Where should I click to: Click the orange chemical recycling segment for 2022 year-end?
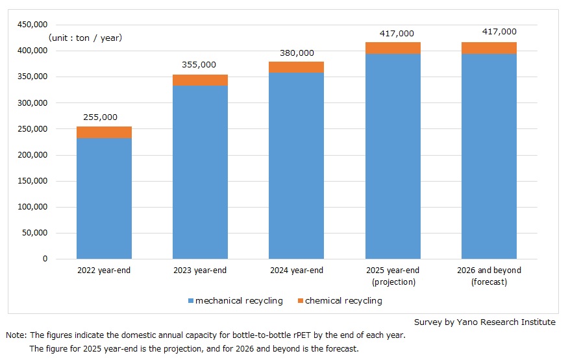104,132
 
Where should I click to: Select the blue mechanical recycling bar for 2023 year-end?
200,172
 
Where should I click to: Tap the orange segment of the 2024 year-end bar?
296,67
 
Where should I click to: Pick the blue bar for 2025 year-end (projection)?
393,156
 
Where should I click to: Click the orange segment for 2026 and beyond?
489,48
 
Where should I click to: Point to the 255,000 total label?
101,117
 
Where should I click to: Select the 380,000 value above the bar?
296,53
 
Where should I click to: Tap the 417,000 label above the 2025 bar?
393,33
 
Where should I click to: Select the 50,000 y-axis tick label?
34,233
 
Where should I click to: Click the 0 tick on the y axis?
45,259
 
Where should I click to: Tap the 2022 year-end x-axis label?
104,270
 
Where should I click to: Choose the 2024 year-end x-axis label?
296,270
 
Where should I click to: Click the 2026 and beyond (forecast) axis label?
489,276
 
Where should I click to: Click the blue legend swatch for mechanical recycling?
191,301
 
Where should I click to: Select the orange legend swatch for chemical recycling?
300,301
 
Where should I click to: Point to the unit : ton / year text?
85,38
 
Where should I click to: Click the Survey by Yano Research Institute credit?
484,322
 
